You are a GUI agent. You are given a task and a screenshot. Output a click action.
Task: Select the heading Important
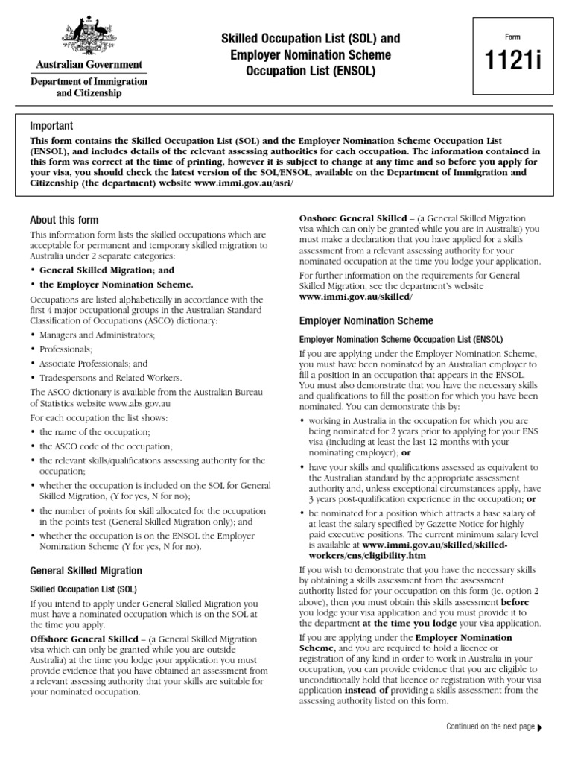(51, 126)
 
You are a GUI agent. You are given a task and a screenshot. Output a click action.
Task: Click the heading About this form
(64, 220)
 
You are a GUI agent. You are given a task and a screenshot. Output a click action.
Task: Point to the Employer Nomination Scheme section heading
(366, 321)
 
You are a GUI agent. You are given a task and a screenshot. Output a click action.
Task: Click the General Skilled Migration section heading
(86, 571)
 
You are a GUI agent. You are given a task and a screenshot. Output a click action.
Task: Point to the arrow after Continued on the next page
(540, 727)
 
